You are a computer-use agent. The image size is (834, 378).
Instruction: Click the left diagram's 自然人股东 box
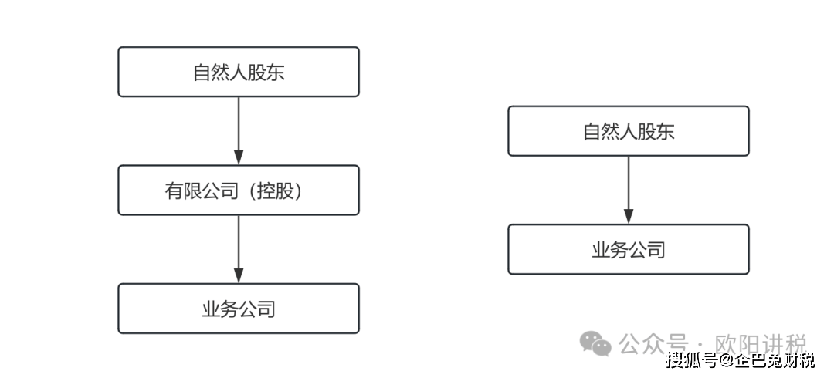pos(238,72)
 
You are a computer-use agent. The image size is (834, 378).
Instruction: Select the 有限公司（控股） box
pos(238,190)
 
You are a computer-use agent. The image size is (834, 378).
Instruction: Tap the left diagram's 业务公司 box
pos(238,309)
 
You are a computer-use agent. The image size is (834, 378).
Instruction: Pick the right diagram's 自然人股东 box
pos(628,131)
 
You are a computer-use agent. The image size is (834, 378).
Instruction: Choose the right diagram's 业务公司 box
pos(628,249)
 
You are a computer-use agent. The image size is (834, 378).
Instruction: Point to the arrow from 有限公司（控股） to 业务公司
pos(238,248)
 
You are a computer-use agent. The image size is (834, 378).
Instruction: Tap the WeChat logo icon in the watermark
pos(596,343)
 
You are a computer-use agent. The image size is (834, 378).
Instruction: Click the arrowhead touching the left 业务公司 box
pos(238,276)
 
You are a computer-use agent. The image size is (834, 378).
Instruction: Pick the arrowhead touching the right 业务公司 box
pos(628,217)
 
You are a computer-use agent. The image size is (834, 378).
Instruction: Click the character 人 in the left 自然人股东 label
pos(238,73)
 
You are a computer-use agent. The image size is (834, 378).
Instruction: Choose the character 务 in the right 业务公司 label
pos(619,250)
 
